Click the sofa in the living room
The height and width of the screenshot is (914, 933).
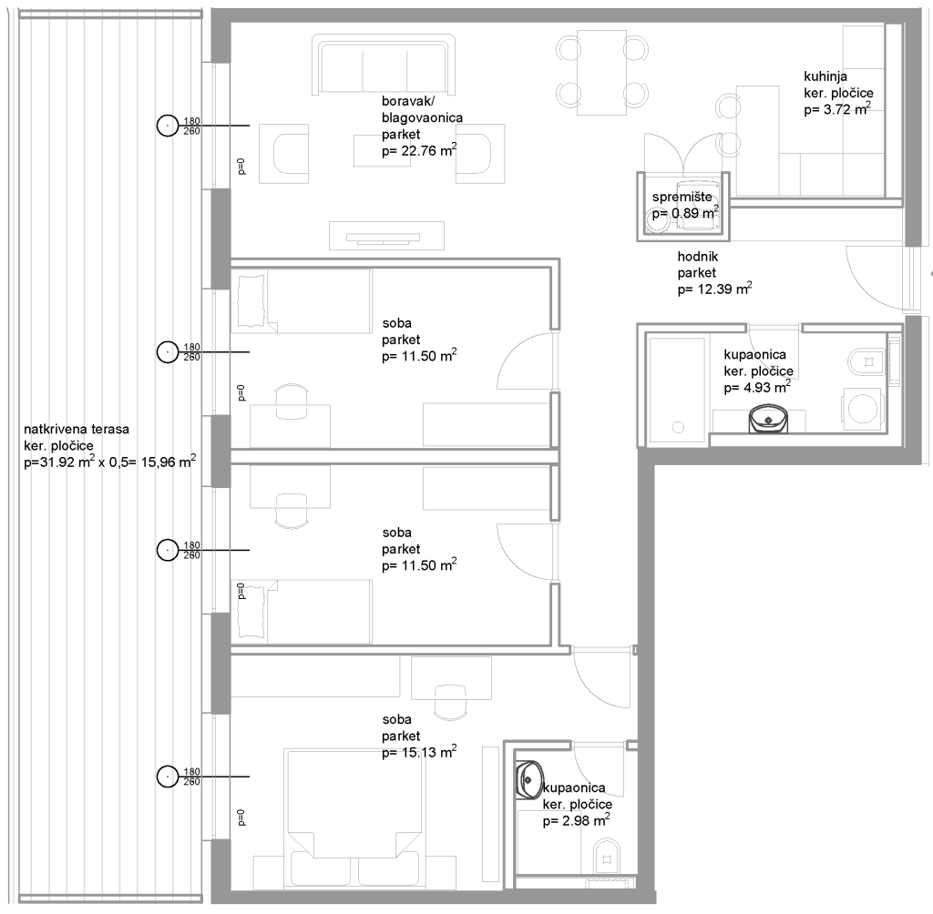coord(384,65)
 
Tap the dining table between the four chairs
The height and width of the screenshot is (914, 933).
coord(601,73)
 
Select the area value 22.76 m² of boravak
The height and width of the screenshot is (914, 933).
coord(419,150)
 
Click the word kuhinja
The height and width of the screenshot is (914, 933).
coord(825,76)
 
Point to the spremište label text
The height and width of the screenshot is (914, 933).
coord(682,198)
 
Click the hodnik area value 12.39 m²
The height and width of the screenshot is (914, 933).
coord(714,289)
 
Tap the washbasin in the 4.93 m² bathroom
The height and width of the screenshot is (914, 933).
coord(769,418)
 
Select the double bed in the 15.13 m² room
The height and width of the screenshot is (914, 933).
coord(355,819)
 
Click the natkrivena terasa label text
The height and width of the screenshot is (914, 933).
coord(77,429)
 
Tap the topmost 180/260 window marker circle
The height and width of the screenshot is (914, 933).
coord(168,126)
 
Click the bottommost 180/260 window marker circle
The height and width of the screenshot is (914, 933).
coord(168,777)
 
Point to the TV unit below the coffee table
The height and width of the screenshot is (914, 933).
coord(386,236)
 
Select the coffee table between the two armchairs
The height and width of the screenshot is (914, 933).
coord(382,151)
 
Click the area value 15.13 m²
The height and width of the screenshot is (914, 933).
coord(419,752)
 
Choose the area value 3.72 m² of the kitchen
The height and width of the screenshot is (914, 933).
coord(837,109)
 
